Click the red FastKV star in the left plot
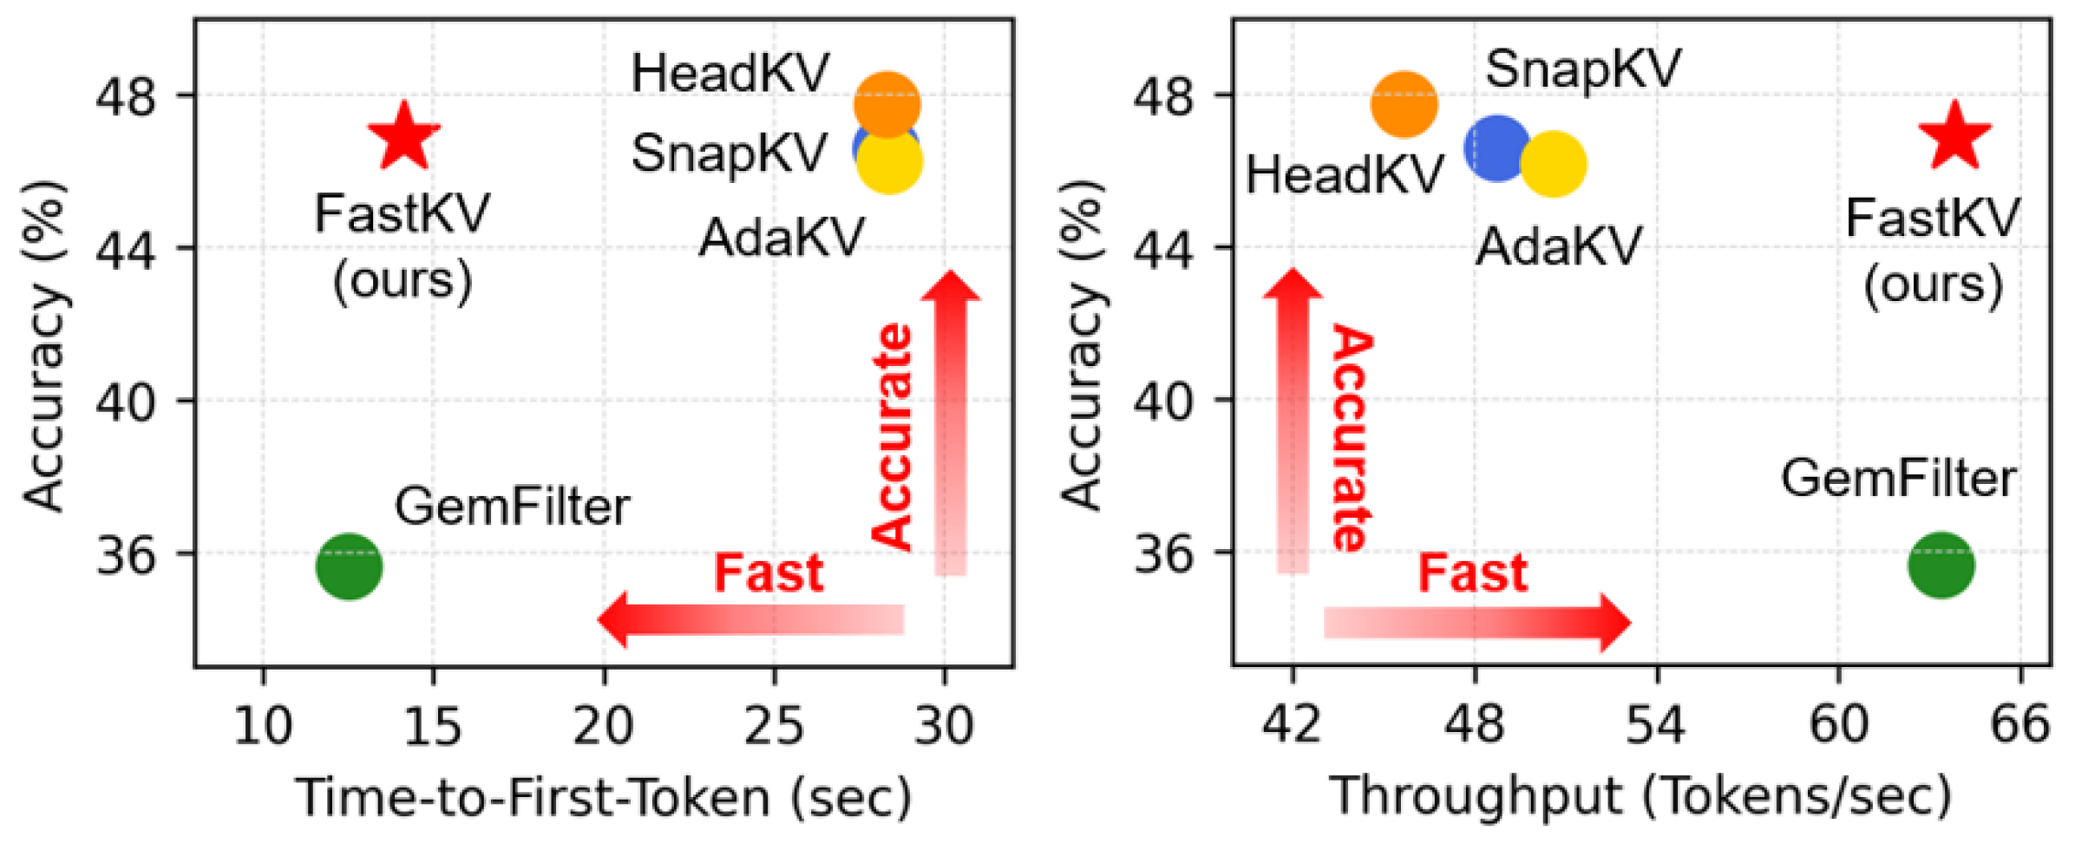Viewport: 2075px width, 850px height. point(404,137)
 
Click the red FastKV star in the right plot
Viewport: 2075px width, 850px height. point(1954,137)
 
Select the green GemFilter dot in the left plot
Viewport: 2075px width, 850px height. point(349,566)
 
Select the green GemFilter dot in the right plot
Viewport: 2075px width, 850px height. point(1941,566)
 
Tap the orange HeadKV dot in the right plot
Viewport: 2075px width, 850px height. point(1404,104)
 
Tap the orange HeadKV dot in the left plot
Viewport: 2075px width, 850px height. point(887,103)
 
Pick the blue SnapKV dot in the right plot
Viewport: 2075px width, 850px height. point(1496,148)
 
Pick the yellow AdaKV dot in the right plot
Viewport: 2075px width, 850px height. point(1553,164)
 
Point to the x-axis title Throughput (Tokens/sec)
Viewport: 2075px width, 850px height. point(1640,796)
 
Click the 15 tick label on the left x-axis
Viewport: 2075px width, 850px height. point(433,725)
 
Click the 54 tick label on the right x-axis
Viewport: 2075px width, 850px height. point(1655,725)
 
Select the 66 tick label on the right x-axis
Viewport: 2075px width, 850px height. point(2019,725)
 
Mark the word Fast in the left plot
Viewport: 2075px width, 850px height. point(768,573)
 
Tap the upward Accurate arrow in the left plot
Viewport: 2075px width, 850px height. point(950,425)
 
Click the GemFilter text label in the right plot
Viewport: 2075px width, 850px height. point(1898,479)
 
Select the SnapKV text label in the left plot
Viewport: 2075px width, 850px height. point(729,154)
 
